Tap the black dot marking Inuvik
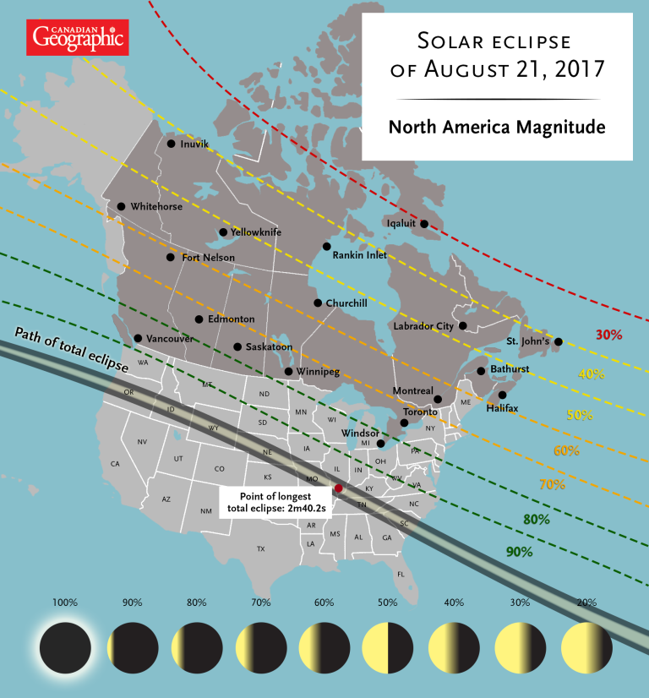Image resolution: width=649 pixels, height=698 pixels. point(171,144)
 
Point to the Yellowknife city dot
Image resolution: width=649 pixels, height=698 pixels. point(223,232)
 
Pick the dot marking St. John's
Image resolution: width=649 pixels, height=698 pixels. point(558,342)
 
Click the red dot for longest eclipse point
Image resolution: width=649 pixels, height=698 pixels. point(338,488)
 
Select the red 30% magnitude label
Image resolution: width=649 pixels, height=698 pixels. point(609,335)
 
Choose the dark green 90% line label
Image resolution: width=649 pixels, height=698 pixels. point(519,552)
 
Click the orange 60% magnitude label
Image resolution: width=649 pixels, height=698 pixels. point(565,450)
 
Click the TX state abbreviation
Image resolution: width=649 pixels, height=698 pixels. point(260,549)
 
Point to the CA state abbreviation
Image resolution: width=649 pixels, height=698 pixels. point(115,464)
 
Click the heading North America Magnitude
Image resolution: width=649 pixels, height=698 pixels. point(497,128)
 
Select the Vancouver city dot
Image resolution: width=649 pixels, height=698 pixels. point(138,339)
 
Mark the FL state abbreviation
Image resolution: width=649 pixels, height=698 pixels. point(401,575)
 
